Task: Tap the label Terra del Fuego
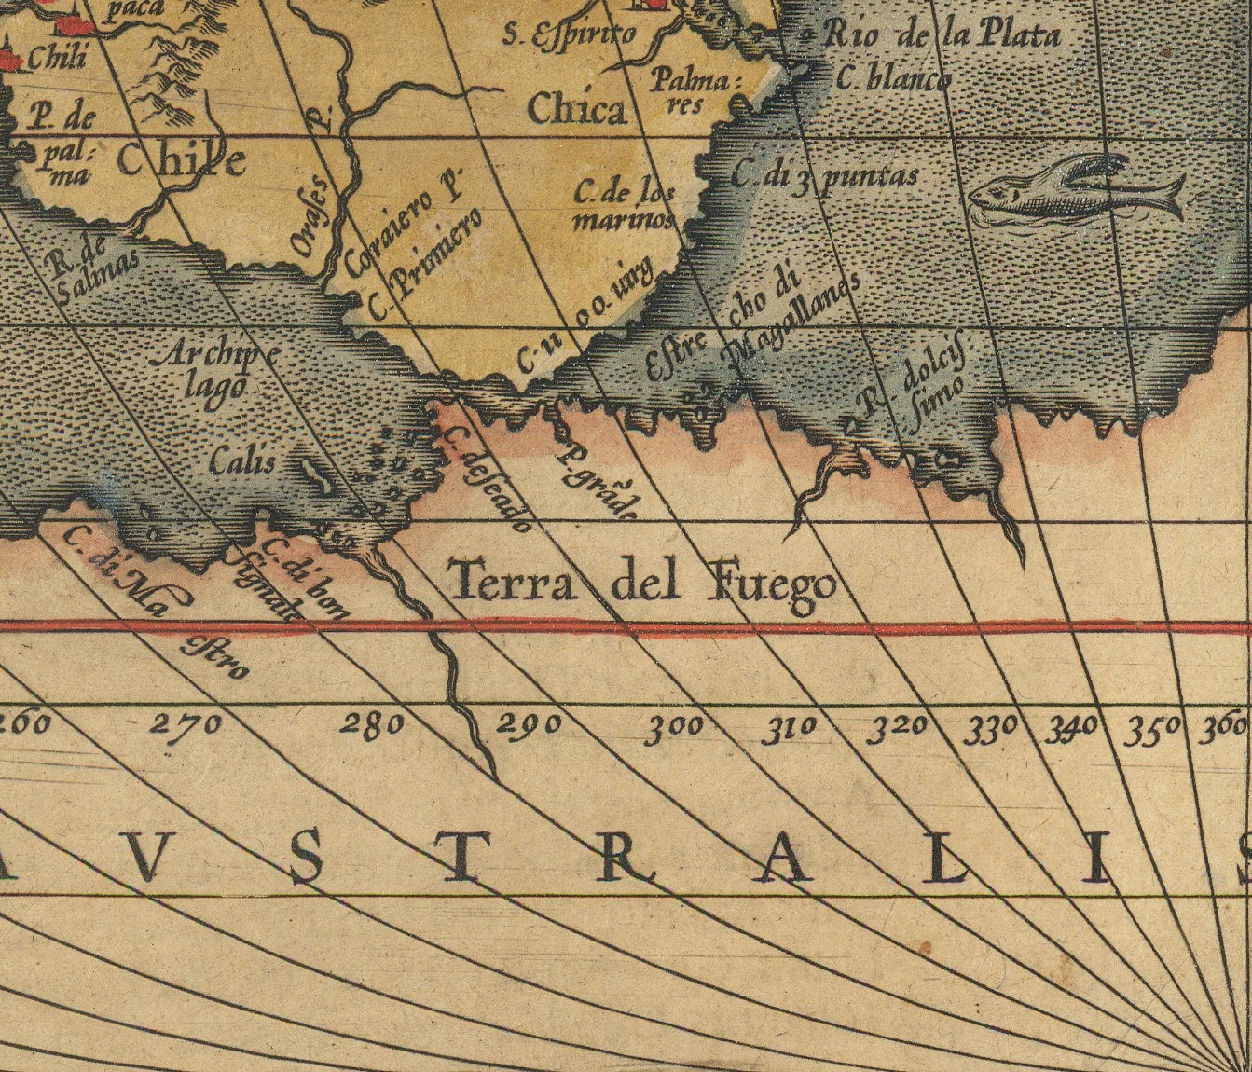[641, 584]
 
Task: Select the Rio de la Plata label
[942, 35]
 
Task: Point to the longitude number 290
[529, 724]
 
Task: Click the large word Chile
[182, 160]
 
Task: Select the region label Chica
[576, 110]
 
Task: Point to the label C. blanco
[892, 80]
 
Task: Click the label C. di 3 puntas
[825, 174]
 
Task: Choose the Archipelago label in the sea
[222, 368]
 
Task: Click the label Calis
[242, 460]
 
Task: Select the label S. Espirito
[569, 35]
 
